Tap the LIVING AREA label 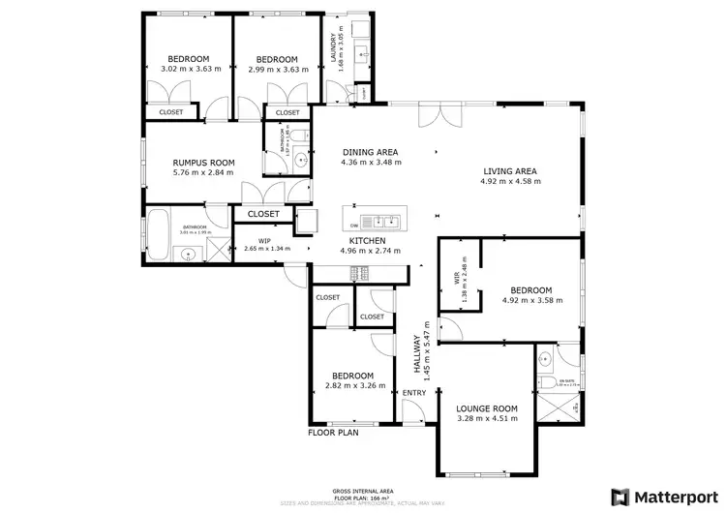[x=509, y=172]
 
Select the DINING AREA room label [x=370, y=153]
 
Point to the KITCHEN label [x=368, y=240]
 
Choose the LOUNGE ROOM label [x=487, y=407]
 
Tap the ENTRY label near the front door [x=413, y=392]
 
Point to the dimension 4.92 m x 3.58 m [x=531, y=300]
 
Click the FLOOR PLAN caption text [x=333, y=433]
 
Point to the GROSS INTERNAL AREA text [x=363, y=491]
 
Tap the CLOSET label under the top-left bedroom [x=171, y=112]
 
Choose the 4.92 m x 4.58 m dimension [x=509, y=182]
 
